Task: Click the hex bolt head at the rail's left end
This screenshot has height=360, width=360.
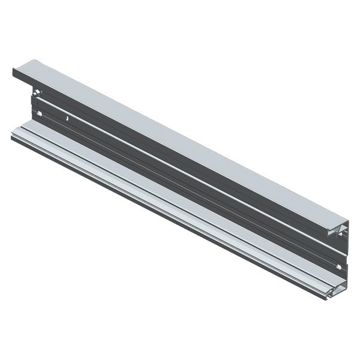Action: (x=37, y=94)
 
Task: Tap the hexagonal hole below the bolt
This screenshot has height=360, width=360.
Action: (x=40, y=113)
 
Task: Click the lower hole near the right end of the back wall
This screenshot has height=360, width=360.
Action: (x=339, y=266)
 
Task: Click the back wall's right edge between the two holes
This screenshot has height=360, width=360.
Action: (x=343, y=252)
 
